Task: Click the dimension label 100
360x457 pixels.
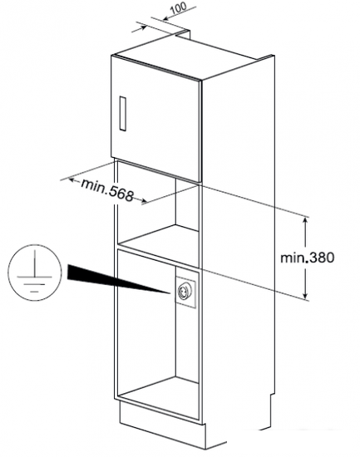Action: point(178,8)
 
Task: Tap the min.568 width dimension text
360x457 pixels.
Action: point(107,190)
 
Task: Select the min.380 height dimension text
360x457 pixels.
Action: point(307,258)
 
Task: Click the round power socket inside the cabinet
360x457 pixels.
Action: point(185,290)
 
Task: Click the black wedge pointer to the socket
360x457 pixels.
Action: point(116,278)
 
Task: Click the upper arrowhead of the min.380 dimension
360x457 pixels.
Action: point(305,221)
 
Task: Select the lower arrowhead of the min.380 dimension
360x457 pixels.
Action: point(305,295)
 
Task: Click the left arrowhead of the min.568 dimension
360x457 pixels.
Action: point(72,179)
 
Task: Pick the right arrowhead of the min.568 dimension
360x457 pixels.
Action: point(143,200)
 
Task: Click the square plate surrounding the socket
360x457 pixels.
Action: point(185,290)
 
